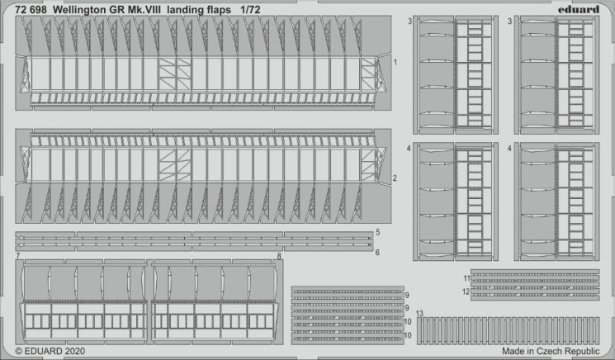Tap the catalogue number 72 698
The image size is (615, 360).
pos(31,10)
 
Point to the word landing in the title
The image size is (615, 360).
pos(185,11)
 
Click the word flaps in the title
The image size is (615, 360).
pos(219,11)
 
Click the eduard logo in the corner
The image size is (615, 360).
pos(579,9)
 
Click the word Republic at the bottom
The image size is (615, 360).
pos(584,352)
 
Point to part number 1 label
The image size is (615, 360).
pos(395,63)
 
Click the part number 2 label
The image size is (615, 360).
pos(395,178)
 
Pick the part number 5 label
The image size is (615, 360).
pos(378,232)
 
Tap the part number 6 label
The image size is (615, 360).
pos(377,252)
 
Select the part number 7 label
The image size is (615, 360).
pos(18,256)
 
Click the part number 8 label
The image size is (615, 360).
pos(279,256)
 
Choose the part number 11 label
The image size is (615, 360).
pos(466,278)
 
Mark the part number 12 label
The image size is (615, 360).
pos(466,291)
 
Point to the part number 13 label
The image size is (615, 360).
pos(419,313)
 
